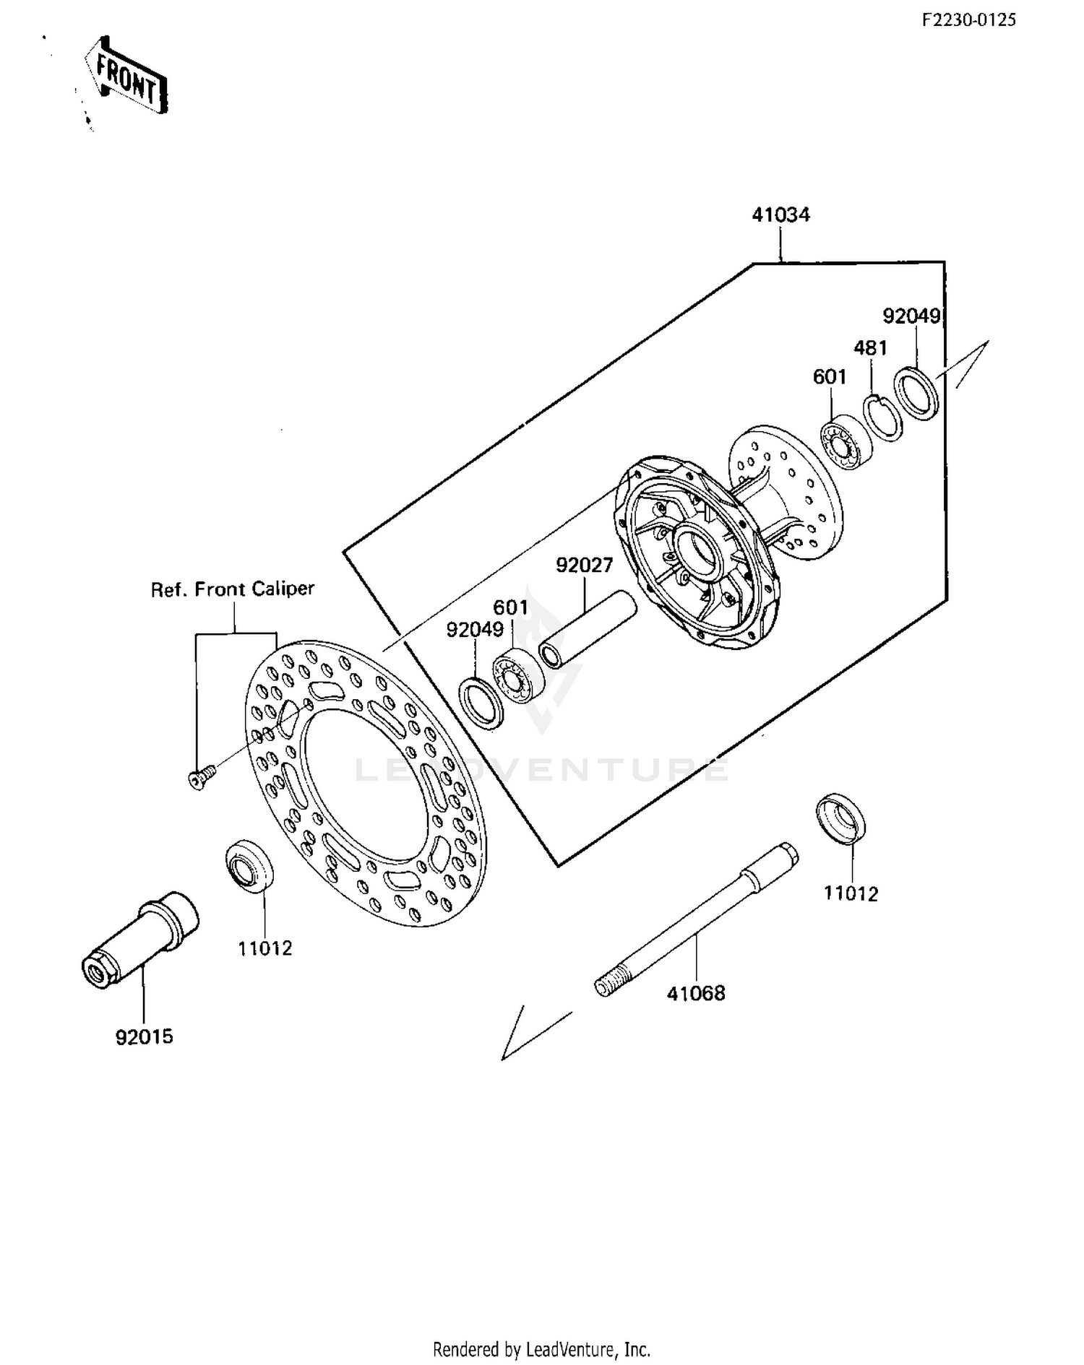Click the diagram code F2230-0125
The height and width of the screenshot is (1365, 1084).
[968, 20]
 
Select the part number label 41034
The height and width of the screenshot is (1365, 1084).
[780, 215]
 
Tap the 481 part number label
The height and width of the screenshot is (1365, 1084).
[870, 348]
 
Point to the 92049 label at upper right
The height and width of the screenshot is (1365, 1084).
[911, 316]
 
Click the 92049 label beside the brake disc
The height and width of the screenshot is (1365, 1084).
[475, 630]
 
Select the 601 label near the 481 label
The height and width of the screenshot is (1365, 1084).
[829, 377]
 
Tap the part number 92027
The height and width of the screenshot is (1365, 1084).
[584, 565]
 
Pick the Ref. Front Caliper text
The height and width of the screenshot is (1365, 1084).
[233, 589]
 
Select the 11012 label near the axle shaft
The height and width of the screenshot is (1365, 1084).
[851, 894]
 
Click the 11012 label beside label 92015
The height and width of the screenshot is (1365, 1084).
[265, 949]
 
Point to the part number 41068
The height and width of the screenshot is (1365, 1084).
[695, 994]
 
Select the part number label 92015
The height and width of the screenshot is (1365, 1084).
[144, 1037]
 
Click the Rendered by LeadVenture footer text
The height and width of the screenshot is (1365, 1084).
[541, 1348]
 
